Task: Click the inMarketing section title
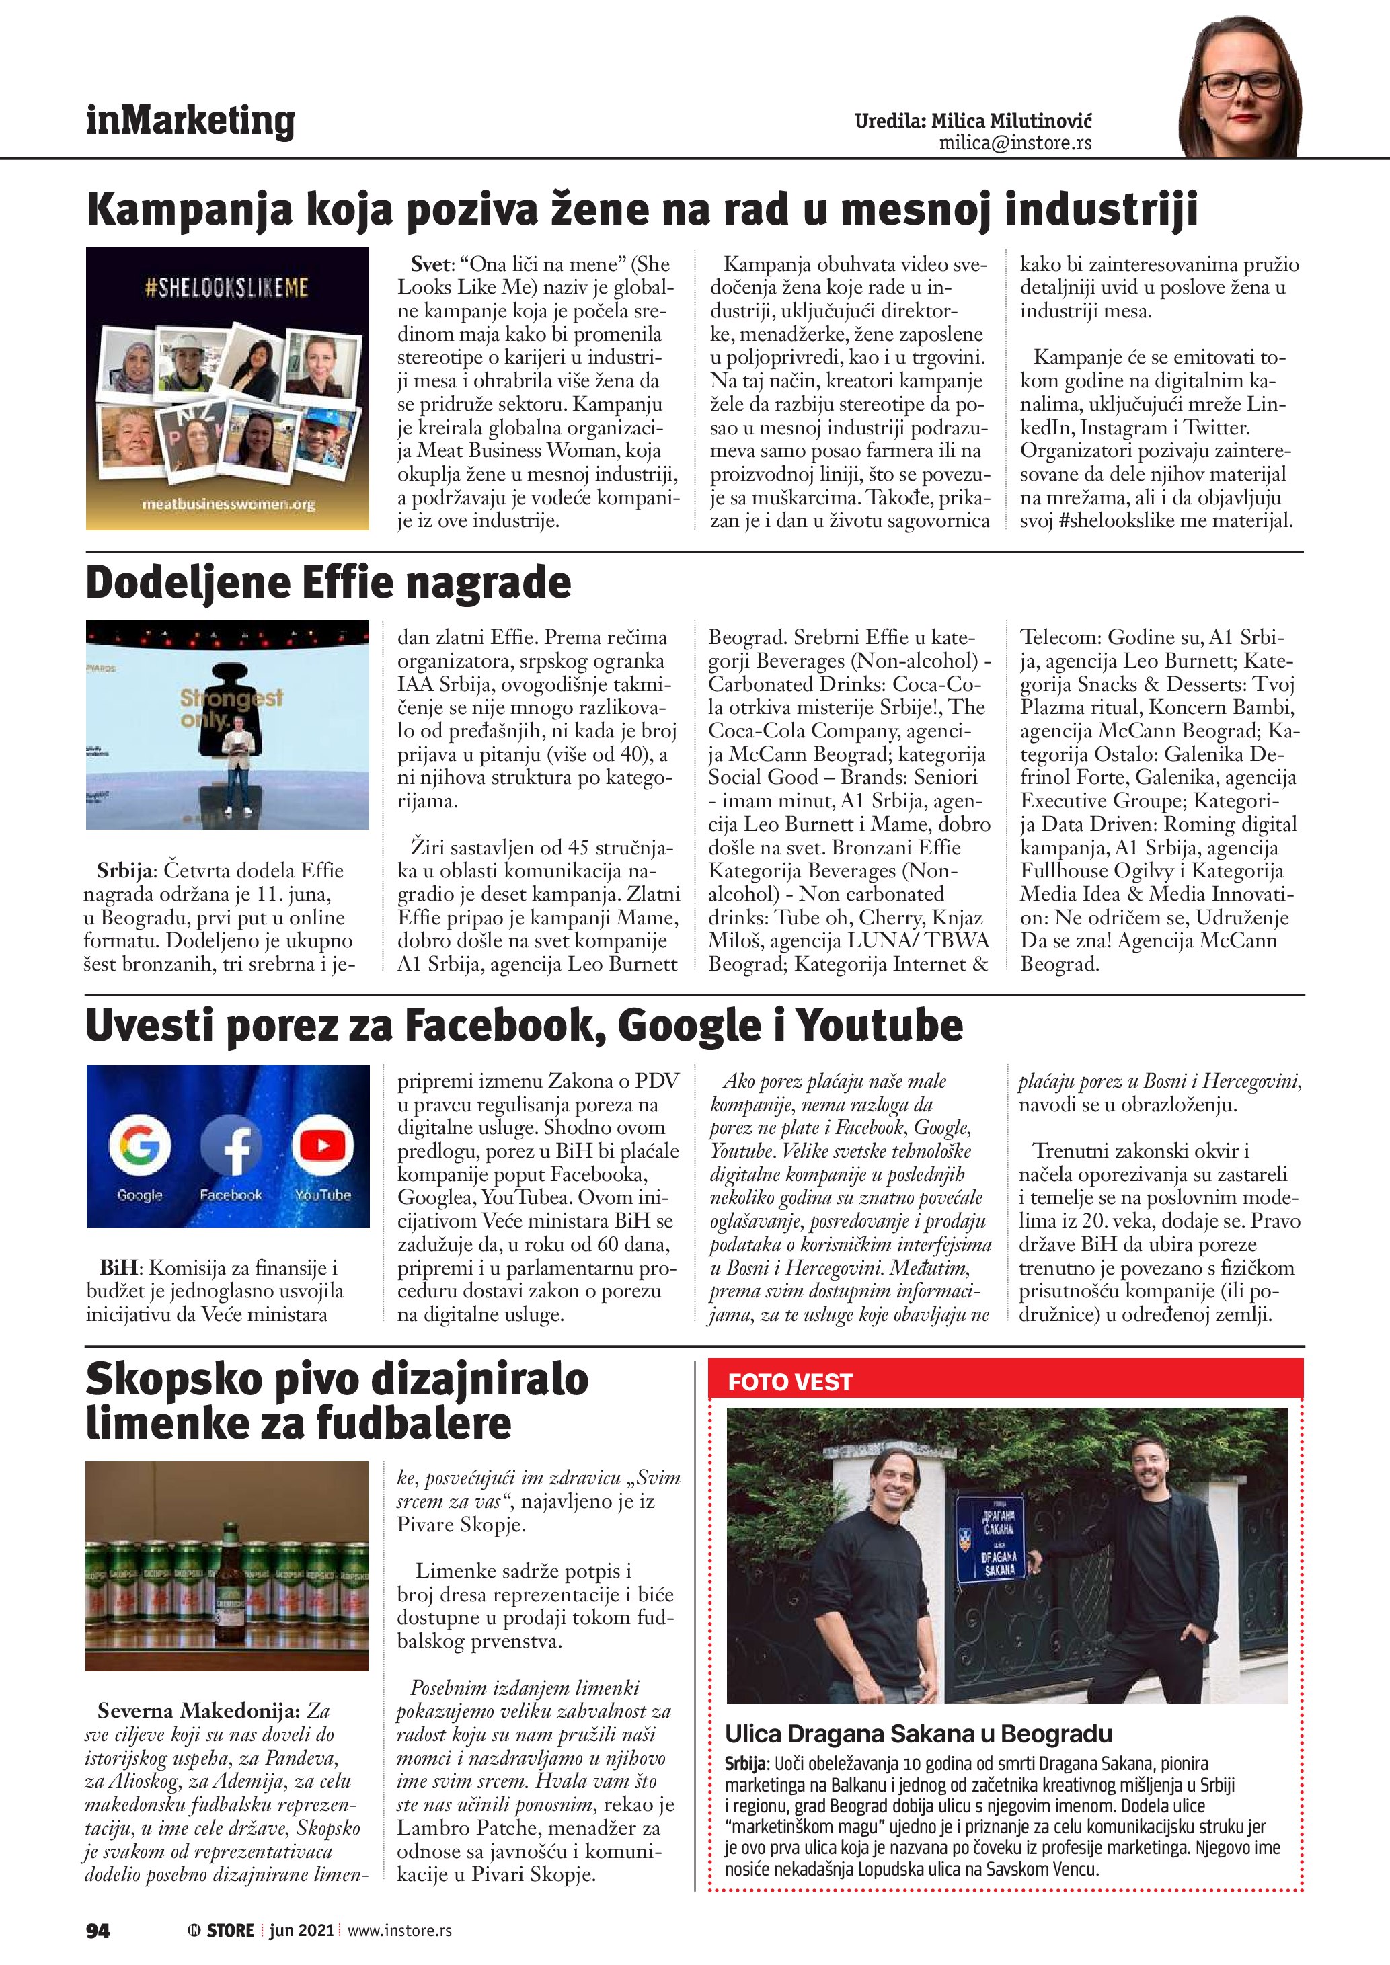pyautogui.click(x=190, y=121)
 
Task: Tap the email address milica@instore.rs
pyautogui.click(x=1015, y=143)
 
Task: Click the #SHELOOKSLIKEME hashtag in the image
pyautogui.click(x=227, y=288)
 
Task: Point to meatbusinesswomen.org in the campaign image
pyautogui.click(x=228, y=504)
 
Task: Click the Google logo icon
pyautogui.click(x=139, y=1144)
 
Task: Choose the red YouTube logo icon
pyautogui.click(x=323, y=1145)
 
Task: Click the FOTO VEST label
pyautogui.click(x=789, y=1382)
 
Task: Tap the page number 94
pyautogui.click(x=98, y=1930)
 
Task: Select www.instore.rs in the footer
pyautogui.click(x=399, y=1930)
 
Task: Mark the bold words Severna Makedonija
pyautogui.click(x=198, y=1711)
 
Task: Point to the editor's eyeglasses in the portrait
pyautogui.click(x=1243, y=85)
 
